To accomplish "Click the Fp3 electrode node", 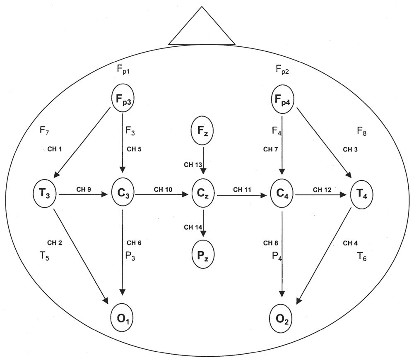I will click(x=123, y=99).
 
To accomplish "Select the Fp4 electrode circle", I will click(x=282, y=99).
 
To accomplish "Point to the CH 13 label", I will click(x=193, y=165).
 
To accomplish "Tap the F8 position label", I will click(x=362, y=132).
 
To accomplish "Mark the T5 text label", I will click(x=46, y=256).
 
